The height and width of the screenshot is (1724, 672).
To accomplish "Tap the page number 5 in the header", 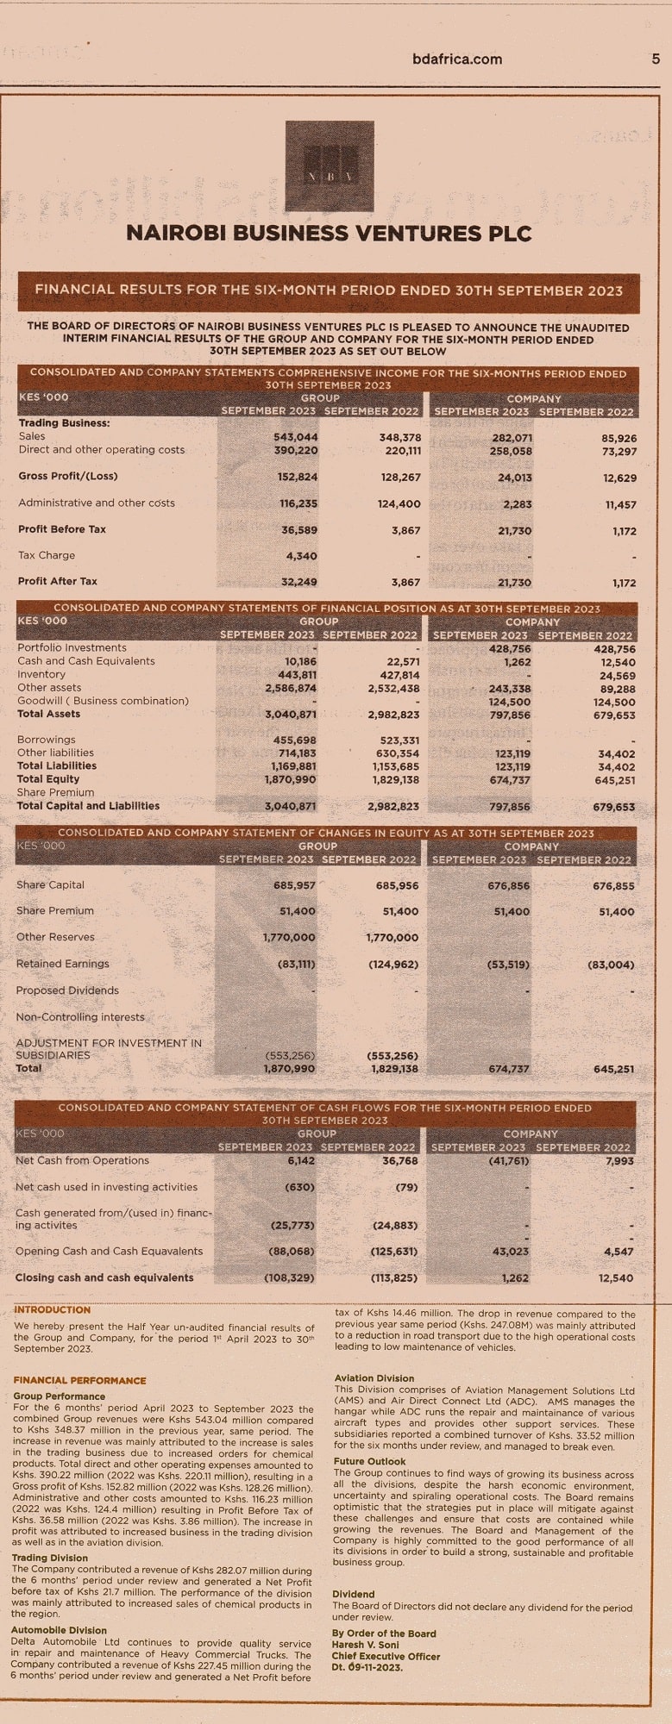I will click(655, 59).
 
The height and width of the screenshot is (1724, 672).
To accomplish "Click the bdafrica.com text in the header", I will click(457, 59).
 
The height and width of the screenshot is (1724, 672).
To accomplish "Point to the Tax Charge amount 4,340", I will click(301, 556).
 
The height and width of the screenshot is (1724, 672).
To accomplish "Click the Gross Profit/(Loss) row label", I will click(67, 476).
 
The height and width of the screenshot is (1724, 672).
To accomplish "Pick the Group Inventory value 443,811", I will click(297, 675).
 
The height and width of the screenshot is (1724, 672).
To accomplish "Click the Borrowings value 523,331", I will click(399, 740).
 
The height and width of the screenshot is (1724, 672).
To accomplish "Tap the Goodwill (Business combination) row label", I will click(103, 701).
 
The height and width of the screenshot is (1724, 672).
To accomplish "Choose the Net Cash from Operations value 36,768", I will click(399, 1161).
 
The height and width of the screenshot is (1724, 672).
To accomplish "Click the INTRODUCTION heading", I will click(53, 1309).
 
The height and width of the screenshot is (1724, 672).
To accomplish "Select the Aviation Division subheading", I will click(374, 1378).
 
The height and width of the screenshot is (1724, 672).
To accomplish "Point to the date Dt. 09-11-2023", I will click(367, 1667).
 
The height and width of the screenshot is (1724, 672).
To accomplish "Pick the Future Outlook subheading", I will click(369, 1461).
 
